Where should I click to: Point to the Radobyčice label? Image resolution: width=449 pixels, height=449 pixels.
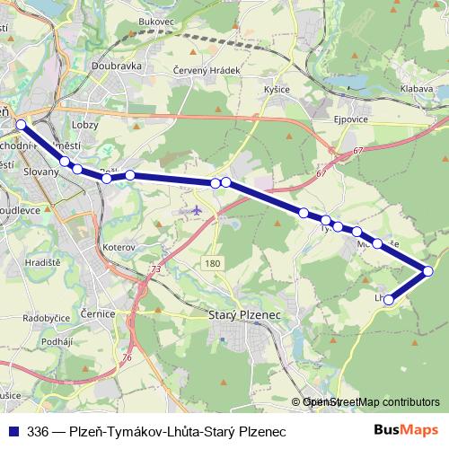point(46,318)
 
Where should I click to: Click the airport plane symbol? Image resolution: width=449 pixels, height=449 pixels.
point(198,210)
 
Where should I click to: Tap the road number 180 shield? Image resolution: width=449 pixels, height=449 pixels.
point(212,263)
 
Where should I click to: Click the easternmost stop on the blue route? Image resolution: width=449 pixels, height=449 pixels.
point(428,270)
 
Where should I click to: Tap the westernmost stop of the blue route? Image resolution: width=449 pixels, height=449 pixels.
point(22,124)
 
